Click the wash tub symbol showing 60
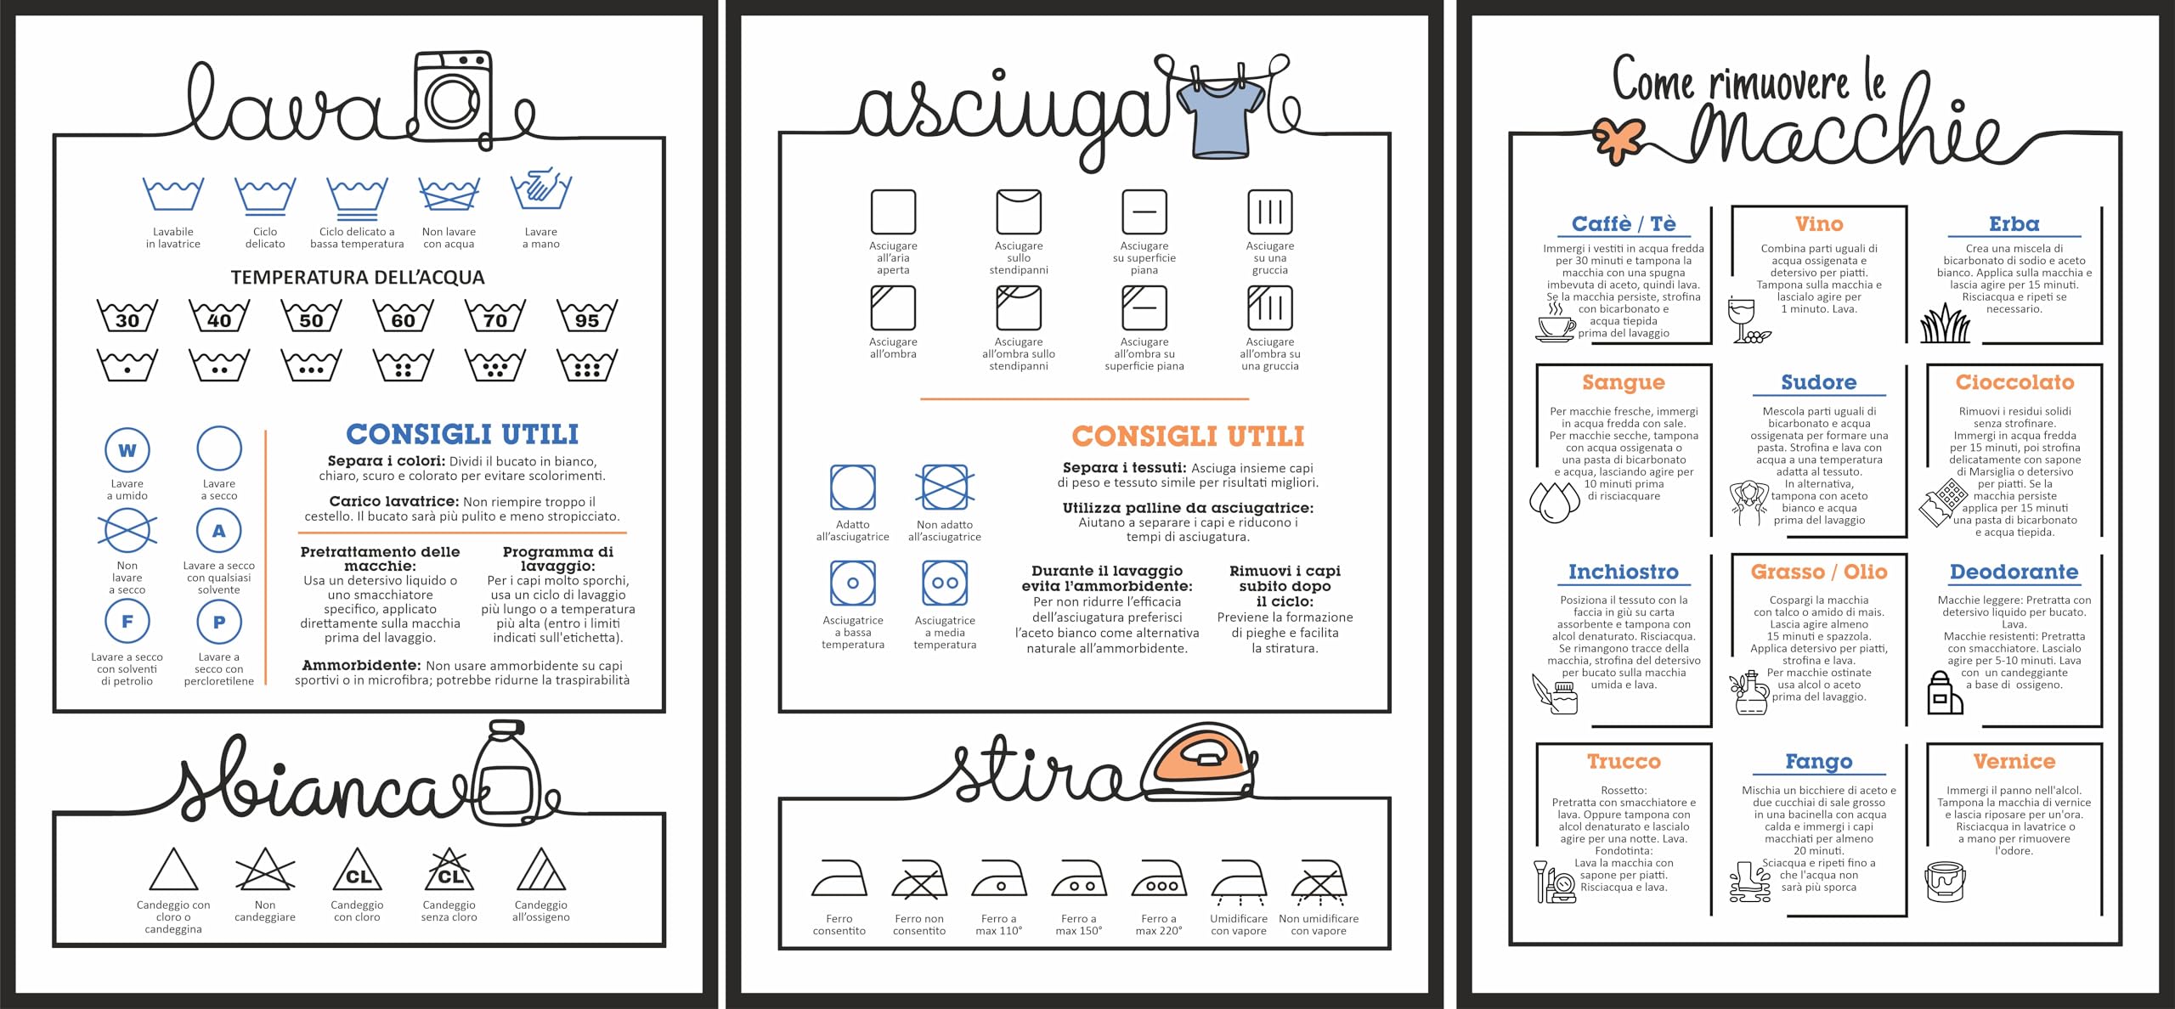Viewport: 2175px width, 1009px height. (403, 316)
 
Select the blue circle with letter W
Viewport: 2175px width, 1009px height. (127, 450)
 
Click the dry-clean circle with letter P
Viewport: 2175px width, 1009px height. (219, 622)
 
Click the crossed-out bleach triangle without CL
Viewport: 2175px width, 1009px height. (265, 869)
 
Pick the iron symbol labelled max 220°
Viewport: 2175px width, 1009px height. (1159, 879)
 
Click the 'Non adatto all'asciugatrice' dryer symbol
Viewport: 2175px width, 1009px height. (945, 488)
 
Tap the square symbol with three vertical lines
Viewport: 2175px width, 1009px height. (1270, 211)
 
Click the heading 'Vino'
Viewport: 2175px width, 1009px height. (1819, 224)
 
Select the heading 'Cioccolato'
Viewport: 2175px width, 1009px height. (2014, 382)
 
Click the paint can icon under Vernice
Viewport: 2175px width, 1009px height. (1945, 881)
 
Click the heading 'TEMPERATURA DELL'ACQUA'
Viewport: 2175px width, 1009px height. (358, 278)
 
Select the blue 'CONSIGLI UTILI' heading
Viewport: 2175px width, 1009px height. (462, 434)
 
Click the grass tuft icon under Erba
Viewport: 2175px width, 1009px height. (1945, 324)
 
